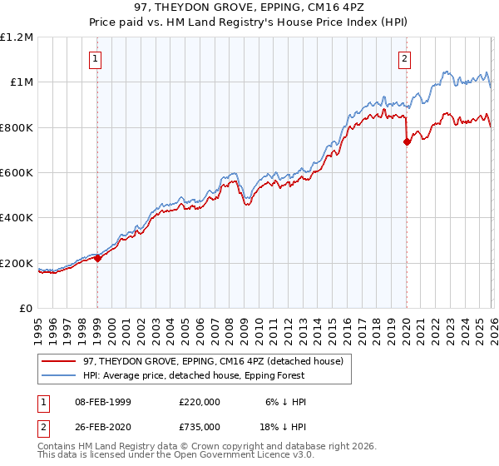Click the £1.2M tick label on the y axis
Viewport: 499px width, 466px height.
point(17,37)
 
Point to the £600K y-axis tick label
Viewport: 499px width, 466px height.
point(17,172)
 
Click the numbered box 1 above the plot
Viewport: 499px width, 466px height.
point(97,58)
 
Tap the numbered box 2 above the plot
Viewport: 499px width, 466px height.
point(404,58)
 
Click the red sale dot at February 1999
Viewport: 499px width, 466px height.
point(97,258)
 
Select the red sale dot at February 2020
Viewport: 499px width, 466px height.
point(407,141)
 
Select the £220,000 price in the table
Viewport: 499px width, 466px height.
point(199,401)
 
